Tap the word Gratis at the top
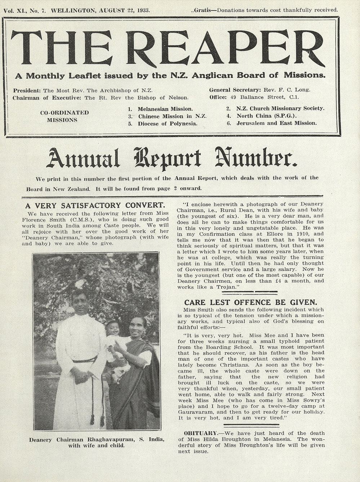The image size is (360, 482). (202, 10)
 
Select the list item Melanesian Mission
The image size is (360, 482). (165, 109)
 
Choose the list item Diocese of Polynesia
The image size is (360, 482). (167, 123)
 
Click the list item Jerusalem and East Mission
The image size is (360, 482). (276, 123)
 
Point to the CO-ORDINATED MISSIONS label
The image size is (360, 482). (64, 116)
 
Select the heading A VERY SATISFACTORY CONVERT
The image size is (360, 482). (95, 206)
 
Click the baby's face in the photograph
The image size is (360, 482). (115, 329)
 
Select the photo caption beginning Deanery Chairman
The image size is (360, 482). (97, 442)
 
